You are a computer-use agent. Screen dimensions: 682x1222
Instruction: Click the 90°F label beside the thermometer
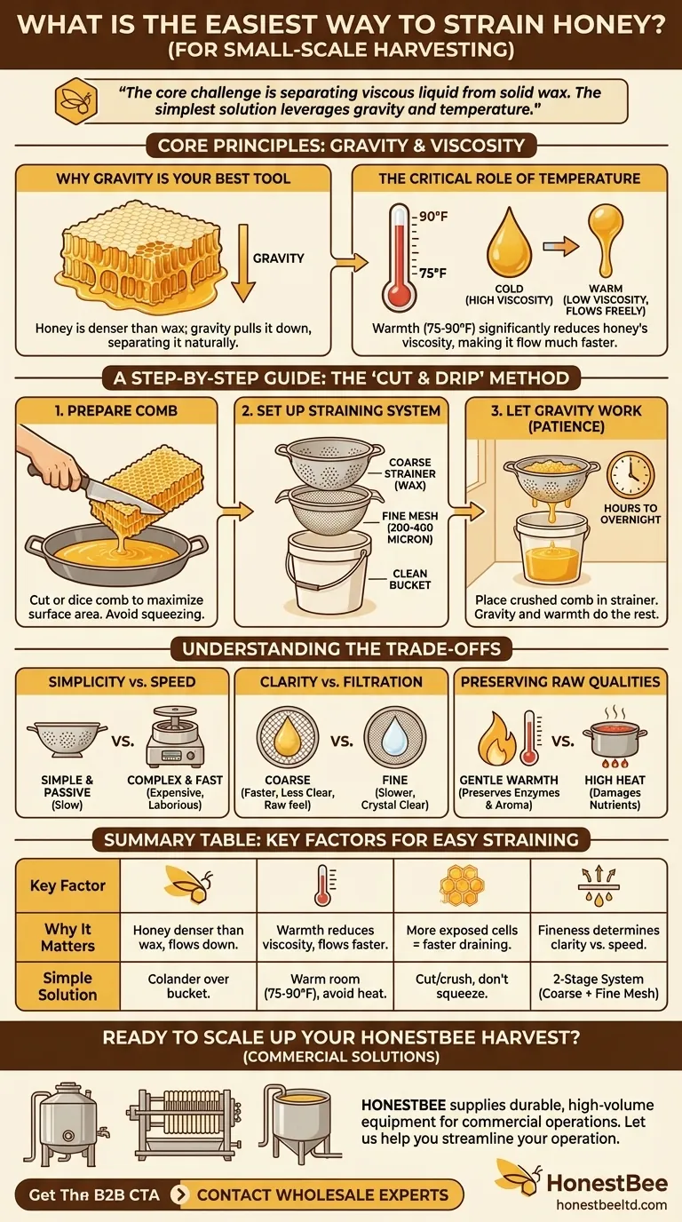tap(433, 217)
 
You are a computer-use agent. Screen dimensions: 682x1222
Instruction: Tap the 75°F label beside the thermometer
tap(433, 273)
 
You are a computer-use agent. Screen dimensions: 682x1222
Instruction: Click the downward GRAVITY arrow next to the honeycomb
tap(243, 263)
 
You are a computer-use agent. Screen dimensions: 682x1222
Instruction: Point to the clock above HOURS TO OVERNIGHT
tap(630, 473)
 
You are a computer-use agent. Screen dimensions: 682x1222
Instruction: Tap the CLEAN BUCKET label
tap(409, 579)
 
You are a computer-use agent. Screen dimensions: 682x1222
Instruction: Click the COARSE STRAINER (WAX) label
tap(409, 473)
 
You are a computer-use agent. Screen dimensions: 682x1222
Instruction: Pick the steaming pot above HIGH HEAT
tap(615, 736)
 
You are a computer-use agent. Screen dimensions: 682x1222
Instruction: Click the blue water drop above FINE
tap(394, 737)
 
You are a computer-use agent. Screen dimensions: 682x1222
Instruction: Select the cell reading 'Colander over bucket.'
tap(188, 986)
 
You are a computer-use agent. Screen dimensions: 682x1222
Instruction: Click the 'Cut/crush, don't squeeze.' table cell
tap(462, 986)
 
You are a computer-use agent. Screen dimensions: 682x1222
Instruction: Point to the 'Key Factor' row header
tap(67, 885)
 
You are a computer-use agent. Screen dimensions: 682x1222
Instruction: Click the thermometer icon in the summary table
tap(325, 885)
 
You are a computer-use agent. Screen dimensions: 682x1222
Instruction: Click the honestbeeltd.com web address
tap(612, 1205)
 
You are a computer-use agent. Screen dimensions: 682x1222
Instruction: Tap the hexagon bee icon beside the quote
tap(75, 101)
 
